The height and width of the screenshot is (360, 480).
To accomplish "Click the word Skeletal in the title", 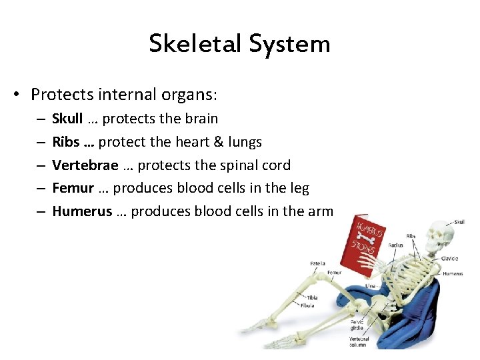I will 195,43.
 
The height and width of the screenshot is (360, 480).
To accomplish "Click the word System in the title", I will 289,43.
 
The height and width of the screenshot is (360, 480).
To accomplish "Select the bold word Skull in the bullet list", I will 67,119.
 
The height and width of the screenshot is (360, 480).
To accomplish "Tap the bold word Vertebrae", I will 85,165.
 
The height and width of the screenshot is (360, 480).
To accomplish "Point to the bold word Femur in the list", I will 73,189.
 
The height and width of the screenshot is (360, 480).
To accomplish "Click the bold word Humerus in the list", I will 81,212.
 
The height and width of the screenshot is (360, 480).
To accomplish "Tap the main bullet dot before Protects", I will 22,95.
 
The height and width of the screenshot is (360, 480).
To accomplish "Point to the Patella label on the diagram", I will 317,263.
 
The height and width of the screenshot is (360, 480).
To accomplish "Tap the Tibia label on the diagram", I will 311,298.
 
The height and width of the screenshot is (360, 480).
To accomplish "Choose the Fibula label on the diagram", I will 308,305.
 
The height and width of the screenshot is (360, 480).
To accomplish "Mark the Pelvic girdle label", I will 357,325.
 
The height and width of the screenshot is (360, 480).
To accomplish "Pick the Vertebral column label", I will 359,342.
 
